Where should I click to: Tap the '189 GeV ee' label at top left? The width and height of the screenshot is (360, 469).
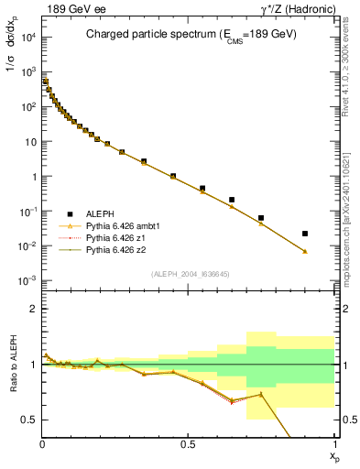(70, 8)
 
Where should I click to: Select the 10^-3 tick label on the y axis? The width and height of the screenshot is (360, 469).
(27, 281)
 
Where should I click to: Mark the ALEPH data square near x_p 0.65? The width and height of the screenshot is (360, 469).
(232, 200)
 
